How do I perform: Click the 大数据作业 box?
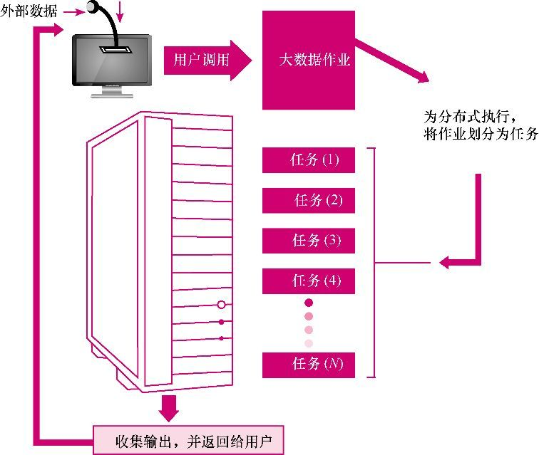(x=308, y=61)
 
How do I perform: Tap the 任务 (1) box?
(x=308, y=160)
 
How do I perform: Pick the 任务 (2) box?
(x=308, y=201)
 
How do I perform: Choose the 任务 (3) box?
(x=308, y=241)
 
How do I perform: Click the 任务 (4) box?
(x=308, y=281)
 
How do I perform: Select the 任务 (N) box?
(x=308, y=365)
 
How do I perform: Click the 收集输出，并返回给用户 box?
(x=189, y=439)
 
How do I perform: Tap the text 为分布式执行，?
(x=470, y=116)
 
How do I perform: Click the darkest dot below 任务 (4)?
(x=309, y=303)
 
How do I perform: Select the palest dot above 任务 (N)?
(x=309, y=343)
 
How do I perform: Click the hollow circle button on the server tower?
(x=222, y=305)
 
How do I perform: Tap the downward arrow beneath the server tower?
(x=169, y=408)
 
